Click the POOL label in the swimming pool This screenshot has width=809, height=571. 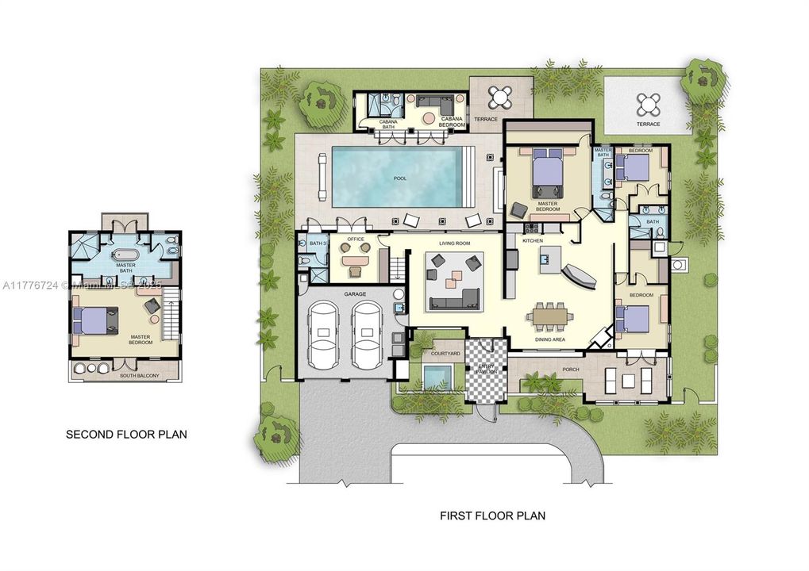tap(399, 178)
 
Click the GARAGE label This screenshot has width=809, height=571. tap(355, 293)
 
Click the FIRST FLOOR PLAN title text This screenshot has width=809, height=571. tap(492, 515)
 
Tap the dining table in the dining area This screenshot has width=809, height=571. tap(550, 316)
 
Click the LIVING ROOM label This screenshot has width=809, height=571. tap(445, 243)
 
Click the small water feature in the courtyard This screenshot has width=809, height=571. tap(436, 377)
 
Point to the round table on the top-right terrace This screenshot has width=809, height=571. tap(648, 103)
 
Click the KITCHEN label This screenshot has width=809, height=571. tap(532, 239)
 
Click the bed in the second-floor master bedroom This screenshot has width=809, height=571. tap(96, 320)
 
